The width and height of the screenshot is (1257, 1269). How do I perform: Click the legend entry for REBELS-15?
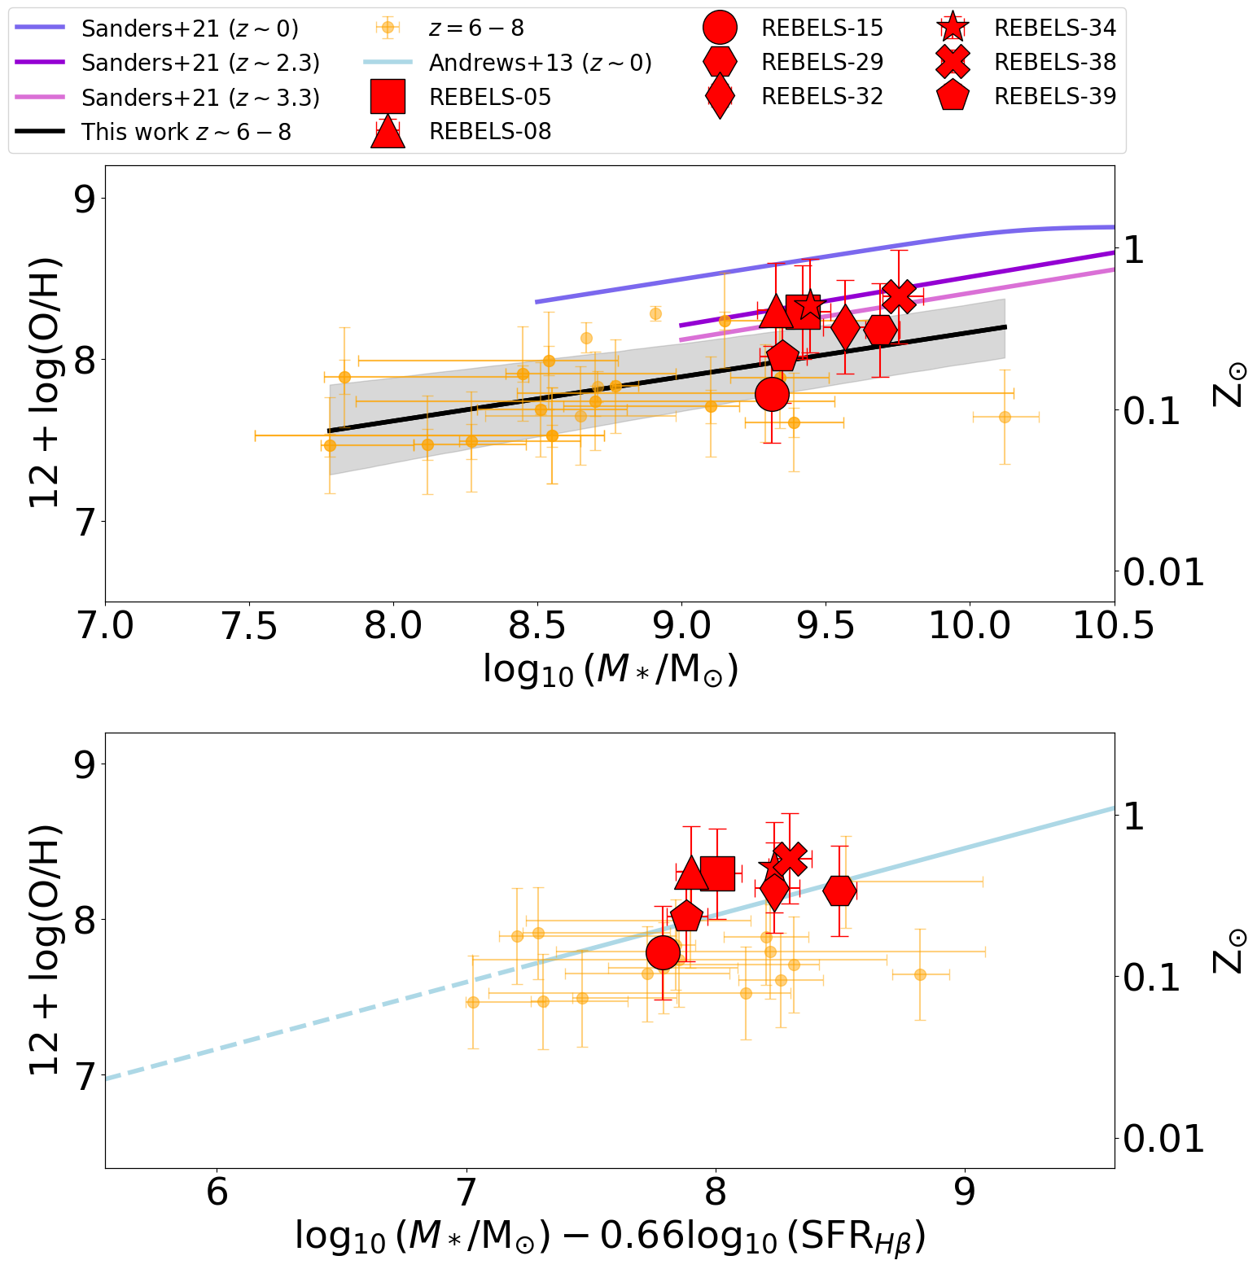[821, 28]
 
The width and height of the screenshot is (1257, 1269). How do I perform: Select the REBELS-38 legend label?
[1054, 62]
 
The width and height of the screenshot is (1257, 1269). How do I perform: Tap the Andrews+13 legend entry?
[540, 63]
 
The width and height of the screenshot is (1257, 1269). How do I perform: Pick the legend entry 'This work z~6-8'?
[186, 132]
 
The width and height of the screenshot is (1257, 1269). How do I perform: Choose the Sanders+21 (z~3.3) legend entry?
[200, 98]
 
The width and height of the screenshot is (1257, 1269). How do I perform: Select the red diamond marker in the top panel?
[845, 328]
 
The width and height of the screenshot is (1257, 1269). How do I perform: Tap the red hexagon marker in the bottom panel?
[839, 890]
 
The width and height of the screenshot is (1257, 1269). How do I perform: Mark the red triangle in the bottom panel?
[691, 873]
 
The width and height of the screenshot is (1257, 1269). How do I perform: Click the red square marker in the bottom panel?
[717, 874]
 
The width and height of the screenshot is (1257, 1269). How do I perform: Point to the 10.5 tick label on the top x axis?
[1114, 627]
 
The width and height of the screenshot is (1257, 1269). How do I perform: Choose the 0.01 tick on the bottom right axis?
[1163, 1139]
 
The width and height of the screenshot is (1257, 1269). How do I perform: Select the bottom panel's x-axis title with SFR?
[610, 1237]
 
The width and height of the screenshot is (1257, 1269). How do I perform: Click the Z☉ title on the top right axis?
[1229, 383]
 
